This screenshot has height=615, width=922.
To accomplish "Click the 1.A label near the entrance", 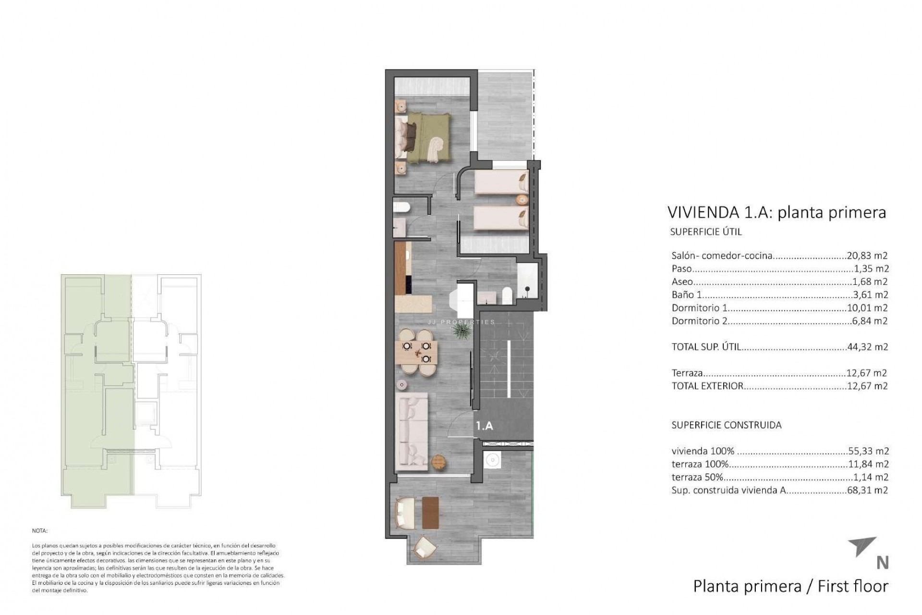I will pyautogui.click(x=485, y=426).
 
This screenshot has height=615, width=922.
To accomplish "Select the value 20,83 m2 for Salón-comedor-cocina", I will pyautogui.click(x=867, y=256).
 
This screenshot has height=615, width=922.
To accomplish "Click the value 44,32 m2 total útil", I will pyautogui.click(x=867, y=346).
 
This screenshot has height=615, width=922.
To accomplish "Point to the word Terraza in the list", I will pyautogui.click(x=687, y=373).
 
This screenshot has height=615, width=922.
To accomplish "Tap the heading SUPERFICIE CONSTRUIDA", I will pyautogui.click(x=726, y=425).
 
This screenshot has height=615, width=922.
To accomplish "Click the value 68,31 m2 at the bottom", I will pyautogui.click(x=867, y=490).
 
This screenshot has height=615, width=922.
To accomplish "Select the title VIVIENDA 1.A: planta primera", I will pyautogui.click(x=776, y=212).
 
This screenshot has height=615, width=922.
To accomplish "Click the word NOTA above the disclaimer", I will pyautogui.click(x=40, y=531).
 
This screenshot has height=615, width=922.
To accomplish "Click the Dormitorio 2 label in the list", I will pyautogui.click(x=699, y=321).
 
